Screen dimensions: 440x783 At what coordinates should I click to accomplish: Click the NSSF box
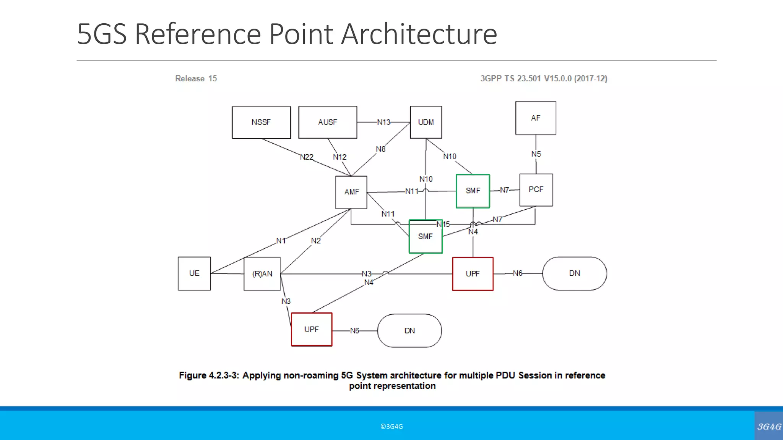pyautogui.click(x=261, y=122)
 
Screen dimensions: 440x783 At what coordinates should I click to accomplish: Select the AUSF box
pyautogui.click(x=327, y=122)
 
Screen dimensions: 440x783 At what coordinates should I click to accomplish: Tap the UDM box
pyautogui.click(x=426, y=122)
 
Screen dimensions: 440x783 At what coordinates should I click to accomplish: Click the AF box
pyautogui.click(x=536, y=118)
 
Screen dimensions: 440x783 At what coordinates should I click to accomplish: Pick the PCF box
pyautogui.click(x=536, y=190)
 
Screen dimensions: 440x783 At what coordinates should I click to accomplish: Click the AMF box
pyautogui.click(x=351, y=192)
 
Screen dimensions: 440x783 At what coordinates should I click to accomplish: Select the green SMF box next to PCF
pyautogui.click(x=473, y=191)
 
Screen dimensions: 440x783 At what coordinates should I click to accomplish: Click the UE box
pyautogui.click(x=194, y=273)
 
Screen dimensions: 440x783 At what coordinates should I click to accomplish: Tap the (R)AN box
pyautogui.click(x=262, y=274)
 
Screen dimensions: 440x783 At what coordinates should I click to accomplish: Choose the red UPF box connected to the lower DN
pyautogui.click(x=312, y=330)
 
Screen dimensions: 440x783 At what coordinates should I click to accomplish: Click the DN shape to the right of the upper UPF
pyautogui.click(x=574, y=273)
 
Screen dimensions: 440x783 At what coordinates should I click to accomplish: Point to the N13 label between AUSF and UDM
pyautogui.click(x=383, y=122)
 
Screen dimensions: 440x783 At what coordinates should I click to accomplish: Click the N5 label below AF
pyautogui.click(x=536, y=154)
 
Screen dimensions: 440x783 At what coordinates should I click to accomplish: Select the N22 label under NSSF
pyautogui.click(x=307, y=157)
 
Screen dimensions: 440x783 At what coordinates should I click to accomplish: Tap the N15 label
pyautogui.click(x=443, y=224)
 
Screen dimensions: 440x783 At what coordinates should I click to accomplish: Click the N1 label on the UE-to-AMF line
pyautogui.click(x=281, y=241)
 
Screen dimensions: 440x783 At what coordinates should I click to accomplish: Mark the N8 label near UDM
pyautogui.click(x=380, y=149)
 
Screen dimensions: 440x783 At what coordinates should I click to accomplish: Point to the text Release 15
pyautogui.click(x=196, y=79)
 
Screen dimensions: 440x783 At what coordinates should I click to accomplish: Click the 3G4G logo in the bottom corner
pyautogui.click(x=769, y=427)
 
